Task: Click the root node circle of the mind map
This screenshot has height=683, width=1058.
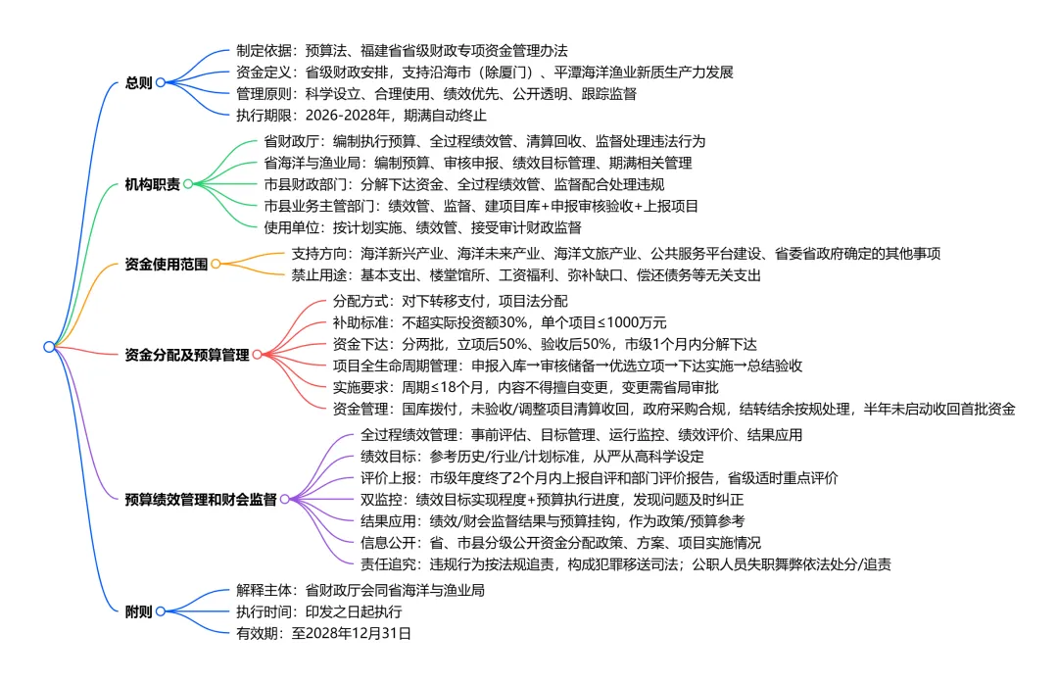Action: coord(49,347)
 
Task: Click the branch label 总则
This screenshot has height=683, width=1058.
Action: coord(139,82)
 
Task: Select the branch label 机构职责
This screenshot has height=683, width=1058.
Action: coord(153,183)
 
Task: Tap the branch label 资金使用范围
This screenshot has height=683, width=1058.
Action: coord(167,264)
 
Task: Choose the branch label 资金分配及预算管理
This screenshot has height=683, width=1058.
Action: coord(187,355)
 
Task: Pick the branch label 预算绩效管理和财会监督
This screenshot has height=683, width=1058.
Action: coord(201,499)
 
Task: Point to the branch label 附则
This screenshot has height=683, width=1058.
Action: coord(139,611)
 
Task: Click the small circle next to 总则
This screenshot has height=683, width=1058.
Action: coord(161,82)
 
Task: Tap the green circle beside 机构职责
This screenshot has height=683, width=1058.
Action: coord(188,183)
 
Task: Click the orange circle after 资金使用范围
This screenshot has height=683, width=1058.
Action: coord(216,264)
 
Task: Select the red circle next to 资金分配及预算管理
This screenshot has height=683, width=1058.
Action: coord(258,355)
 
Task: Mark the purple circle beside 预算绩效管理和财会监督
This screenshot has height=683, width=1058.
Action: coord(284,499)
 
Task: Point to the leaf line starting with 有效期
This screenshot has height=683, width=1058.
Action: coord(323,633)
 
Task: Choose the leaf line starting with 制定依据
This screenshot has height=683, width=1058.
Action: coord(402,50)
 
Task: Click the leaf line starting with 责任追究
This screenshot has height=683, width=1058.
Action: coord(626,563)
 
